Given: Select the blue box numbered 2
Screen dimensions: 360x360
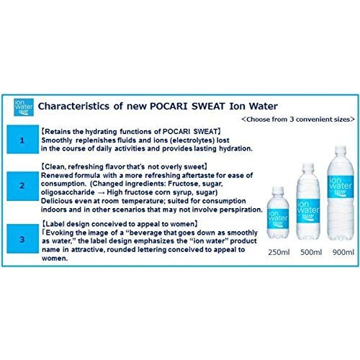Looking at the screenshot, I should point(22,186).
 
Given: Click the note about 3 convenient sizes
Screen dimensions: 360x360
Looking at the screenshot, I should point(297,118).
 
